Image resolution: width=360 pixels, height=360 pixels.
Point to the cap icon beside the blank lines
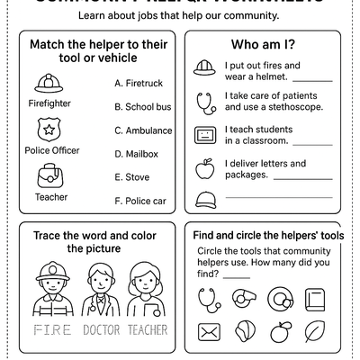pos(206,199)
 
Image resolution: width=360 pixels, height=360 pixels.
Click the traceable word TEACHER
pos(148,330)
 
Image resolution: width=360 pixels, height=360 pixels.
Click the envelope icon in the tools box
pos(209,334)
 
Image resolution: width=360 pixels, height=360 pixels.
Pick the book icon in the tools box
pos(315,298)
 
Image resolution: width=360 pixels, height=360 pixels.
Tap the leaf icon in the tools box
pos(315,334)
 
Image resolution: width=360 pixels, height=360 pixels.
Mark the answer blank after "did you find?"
pos(237,276)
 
